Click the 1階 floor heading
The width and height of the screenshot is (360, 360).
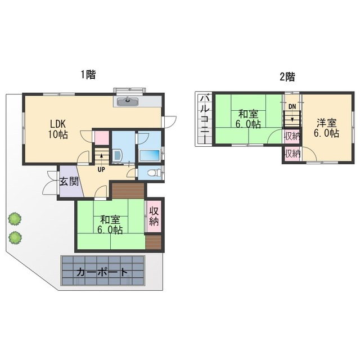(88, 75)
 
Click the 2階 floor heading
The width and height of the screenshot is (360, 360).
(287, 76)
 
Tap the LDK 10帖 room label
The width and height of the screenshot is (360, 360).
(58, 129)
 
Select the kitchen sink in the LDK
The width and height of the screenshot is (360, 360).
(128, 101)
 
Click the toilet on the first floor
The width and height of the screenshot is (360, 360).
(154, 173)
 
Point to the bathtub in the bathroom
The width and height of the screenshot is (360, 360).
(150, 155)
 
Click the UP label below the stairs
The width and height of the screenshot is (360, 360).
(101, 170)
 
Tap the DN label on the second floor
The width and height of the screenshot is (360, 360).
(292, 106)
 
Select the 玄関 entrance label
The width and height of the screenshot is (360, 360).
(69, 181)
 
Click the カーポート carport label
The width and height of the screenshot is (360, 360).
(102, 272)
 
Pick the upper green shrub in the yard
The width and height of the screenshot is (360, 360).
(15, 219)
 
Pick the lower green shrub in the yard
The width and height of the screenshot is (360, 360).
(15, 237)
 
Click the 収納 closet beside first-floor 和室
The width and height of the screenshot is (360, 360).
(154, 217)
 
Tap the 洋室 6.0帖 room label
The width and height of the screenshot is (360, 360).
(326, 128)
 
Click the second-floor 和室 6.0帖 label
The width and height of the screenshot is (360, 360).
(248, 119)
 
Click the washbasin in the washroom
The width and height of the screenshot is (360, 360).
(117, 156)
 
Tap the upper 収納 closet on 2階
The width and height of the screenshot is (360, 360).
(292, 136)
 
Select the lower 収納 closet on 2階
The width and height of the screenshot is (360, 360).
(292, 154)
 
